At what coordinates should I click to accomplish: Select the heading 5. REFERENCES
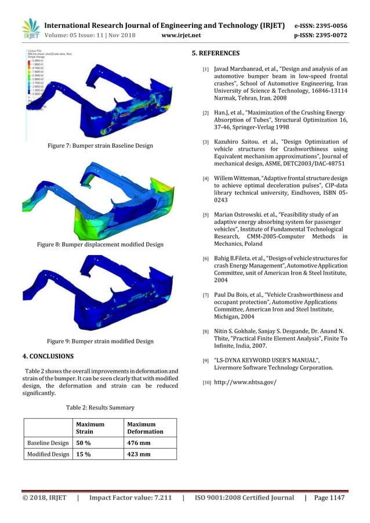click(x=215, y=53)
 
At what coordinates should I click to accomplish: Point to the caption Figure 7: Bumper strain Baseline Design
click(x=100, y=146)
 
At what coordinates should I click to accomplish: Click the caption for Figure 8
click(x=100, y=245)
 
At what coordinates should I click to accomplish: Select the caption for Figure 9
click(x=100, y=342)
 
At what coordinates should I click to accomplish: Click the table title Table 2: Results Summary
click(x=100, y=408)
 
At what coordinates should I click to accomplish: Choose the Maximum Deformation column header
click(x=145, y=428)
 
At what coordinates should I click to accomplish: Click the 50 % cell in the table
click(x=85, y=444)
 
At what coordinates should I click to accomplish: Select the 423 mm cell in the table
click(x=139, y=454)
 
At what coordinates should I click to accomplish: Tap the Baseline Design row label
click(x=48, y=444)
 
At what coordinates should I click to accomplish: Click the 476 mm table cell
click(x=139, y=444)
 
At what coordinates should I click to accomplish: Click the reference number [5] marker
click(x=205, y=215)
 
